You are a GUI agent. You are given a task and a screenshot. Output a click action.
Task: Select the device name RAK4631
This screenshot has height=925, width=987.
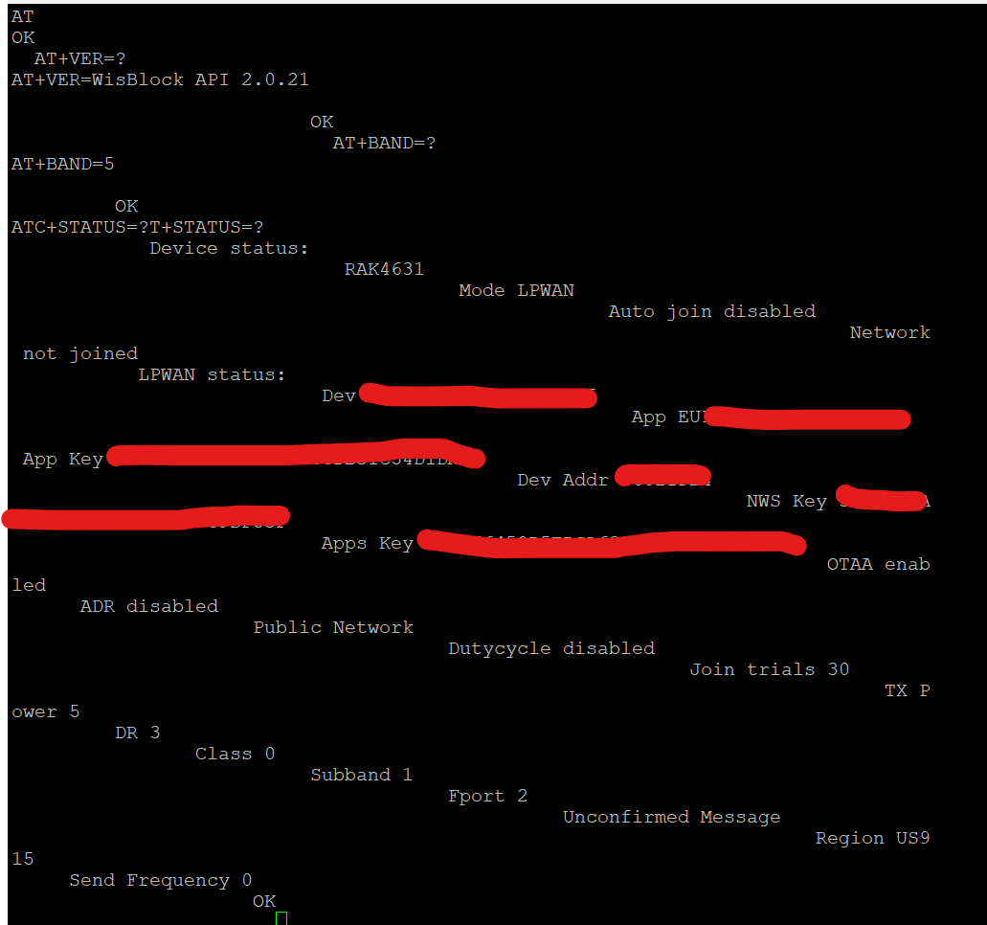[384, 269]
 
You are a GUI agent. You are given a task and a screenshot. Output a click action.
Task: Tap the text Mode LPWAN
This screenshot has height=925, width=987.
[516, 290]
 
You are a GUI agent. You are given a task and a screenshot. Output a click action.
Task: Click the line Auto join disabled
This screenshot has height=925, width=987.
[711, 311]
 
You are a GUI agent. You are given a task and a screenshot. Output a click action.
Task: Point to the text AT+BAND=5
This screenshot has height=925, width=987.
[62, 164]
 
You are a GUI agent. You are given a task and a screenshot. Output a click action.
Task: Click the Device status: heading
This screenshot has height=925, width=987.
[229, 248]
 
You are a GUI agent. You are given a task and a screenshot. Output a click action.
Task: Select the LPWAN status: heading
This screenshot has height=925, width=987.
[212, 374]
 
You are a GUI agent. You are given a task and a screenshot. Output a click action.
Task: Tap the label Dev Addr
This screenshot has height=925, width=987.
[563, 480]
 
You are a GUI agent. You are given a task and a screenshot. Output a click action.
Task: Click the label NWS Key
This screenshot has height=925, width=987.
[786, 501]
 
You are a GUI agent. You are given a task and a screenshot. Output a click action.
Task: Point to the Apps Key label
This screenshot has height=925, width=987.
[367, 543]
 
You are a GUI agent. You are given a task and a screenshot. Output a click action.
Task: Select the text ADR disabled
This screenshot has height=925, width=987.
[148, 606]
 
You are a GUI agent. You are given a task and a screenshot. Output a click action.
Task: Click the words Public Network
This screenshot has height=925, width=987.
[333, 627]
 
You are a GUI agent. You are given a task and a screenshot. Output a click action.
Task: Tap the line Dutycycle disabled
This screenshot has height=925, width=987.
[551, 648]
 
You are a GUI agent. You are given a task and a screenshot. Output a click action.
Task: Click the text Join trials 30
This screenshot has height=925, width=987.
[769, 669]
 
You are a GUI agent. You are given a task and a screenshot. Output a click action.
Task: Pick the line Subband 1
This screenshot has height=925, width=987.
[361, 775]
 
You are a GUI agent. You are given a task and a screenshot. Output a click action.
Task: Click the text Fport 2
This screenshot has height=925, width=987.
[487, 796]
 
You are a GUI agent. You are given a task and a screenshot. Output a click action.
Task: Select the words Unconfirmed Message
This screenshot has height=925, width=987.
[671, 817]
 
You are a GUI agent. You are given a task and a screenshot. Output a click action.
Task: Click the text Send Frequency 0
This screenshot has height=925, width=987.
[160, 880]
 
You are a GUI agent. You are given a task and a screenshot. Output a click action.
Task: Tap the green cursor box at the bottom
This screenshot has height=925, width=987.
[281, 918]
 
